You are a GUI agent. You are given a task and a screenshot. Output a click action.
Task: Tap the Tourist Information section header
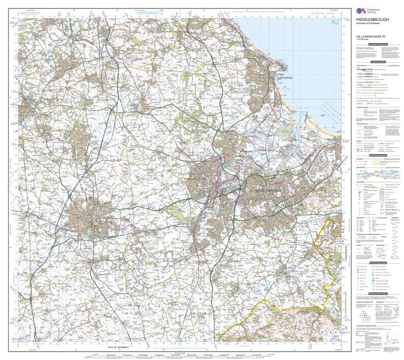tap(377, 263)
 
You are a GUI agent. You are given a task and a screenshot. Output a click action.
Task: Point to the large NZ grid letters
tap(335, 23)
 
